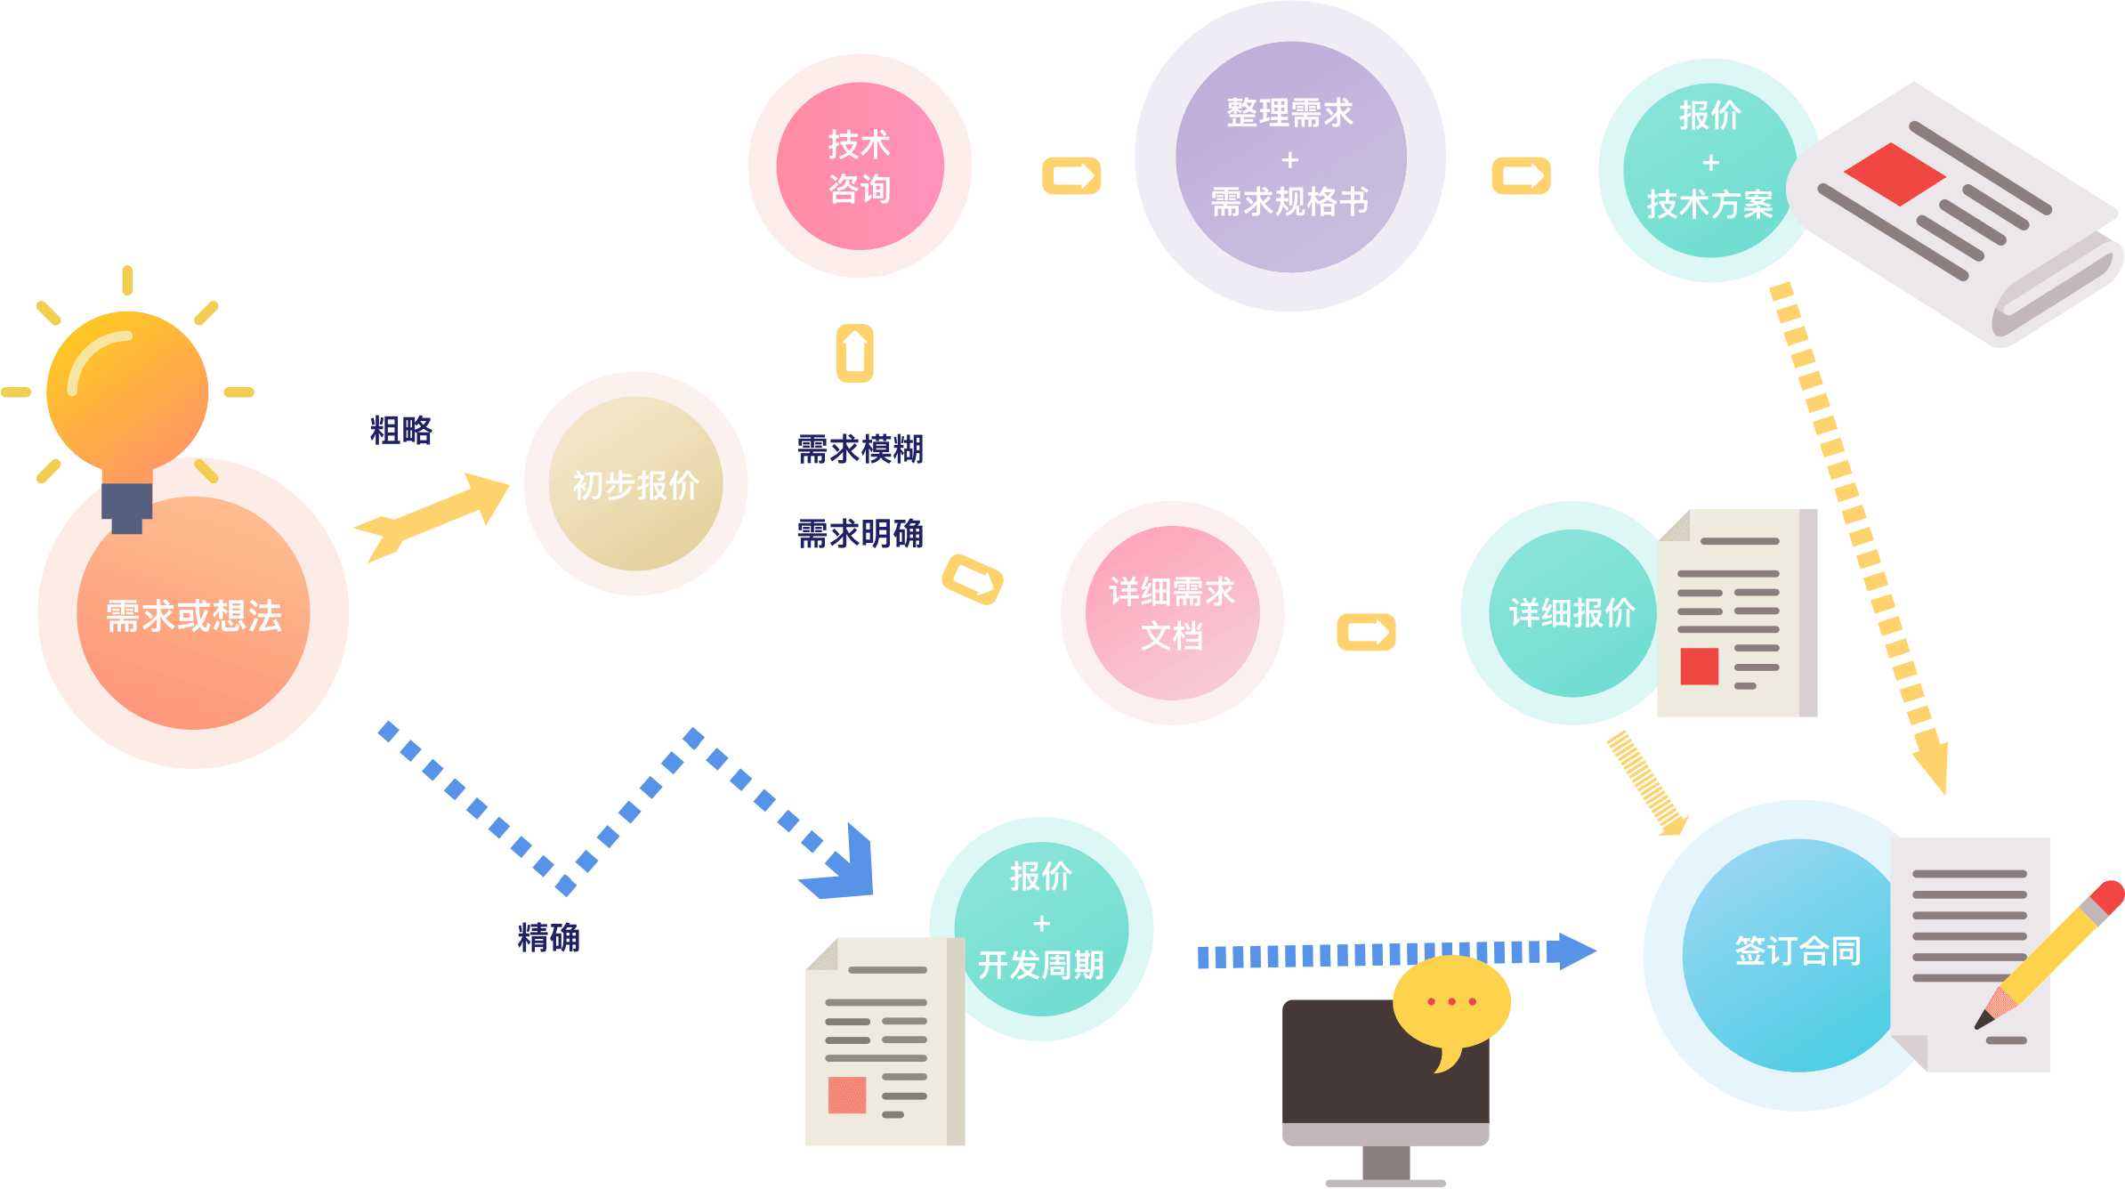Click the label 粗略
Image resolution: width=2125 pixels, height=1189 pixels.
(401, 431)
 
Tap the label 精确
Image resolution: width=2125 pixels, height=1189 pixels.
(549, 937)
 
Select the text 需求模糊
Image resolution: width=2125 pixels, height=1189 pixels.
(860, 449)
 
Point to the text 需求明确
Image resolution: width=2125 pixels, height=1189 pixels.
(860, 534)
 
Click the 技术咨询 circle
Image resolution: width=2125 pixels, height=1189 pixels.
(860, 166)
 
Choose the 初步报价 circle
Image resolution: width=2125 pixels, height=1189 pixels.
(635, 484)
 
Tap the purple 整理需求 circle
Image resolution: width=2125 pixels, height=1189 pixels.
(1289, 157)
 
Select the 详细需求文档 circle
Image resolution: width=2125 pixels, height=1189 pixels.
(1172, 613)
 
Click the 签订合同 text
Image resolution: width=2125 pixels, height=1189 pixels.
(1798, 951)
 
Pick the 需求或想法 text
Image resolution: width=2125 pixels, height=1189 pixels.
(194, 616)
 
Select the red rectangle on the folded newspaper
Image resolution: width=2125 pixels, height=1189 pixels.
(1895, 174)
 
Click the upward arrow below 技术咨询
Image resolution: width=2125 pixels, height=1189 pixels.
(854, 353)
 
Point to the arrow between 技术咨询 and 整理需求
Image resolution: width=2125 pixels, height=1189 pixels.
(1071, 175)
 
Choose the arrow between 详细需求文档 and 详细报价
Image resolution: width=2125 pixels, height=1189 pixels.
(1366, 633)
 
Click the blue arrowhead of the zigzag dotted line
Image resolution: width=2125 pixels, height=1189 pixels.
(844, 868)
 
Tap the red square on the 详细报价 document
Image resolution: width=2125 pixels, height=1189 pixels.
(1699, 666)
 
